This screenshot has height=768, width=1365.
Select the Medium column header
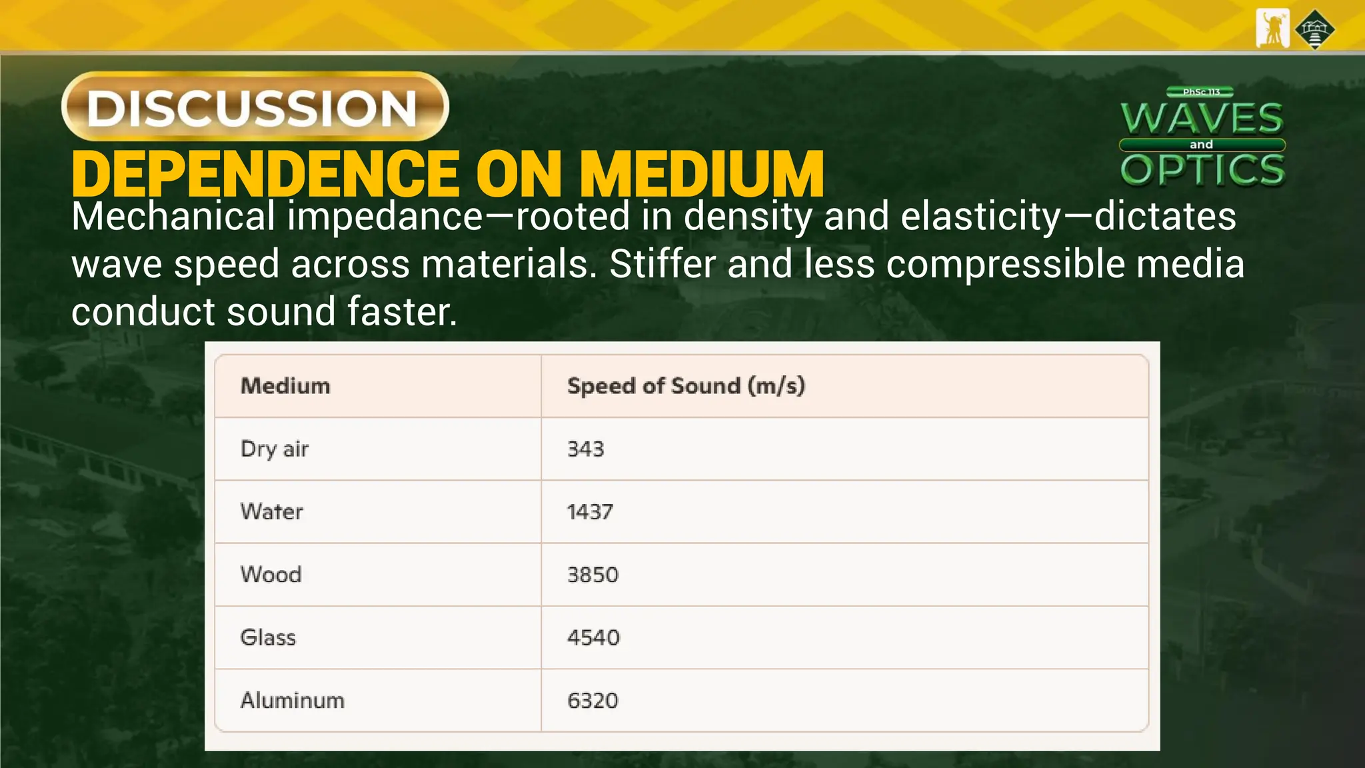[285, 386]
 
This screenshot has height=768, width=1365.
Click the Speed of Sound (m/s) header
[686, 386]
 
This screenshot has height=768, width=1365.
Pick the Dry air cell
[275, 449]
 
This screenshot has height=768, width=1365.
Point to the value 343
[585, 449]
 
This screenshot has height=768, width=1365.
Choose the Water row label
[272, 512]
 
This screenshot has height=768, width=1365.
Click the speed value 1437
[590, 512]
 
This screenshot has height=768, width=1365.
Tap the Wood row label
[271, 575]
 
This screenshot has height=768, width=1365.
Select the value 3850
[593, 575]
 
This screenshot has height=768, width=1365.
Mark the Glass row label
[268, 637]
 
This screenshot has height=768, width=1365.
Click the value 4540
[593, 637]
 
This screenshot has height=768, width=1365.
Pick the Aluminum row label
[293, 701]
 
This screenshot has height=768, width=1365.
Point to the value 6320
[593, 701]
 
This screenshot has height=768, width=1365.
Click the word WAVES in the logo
[1202, 119]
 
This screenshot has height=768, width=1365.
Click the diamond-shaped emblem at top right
[1314, 29]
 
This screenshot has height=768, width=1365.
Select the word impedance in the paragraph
[385, 217]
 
